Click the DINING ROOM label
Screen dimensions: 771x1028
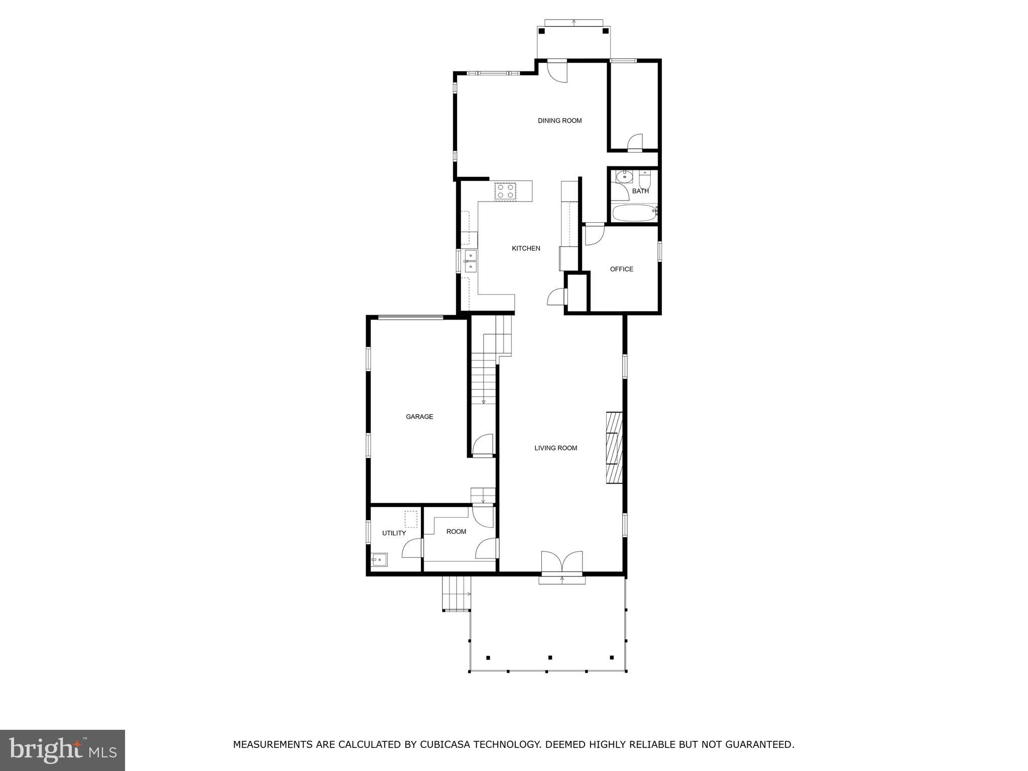(x=559, y=121)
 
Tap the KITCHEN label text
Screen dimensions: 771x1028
(x=526, y=248)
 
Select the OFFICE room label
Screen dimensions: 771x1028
(x=621, y=269)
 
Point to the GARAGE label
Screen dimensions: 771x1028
(x=419, y=417)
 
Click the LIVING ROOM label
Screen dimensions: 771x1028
(x=555, y=448)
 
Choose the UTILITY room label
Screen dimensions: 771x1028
(x=394, y=533)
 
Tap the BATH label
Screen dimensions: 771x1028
(x=640, y=191)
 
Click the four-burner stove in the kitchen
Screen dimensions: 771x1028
(x=506, y=191)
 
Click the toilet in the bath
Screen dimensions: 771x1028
(x=645, y=179)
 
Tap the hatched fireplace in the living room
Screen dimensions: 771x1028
(x=614, y=448)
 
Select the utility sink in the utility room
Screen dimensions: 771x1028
(x=379, y=559)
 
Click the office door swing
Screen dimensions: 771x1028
(x=593, y=236)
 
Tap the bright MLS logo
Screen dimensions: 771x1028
(x=62, y=750)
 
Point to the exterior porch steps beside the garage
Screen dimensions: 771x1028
(x=456, y=594)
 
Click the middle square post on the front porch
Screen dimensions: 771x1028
(x=550, y=657)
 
